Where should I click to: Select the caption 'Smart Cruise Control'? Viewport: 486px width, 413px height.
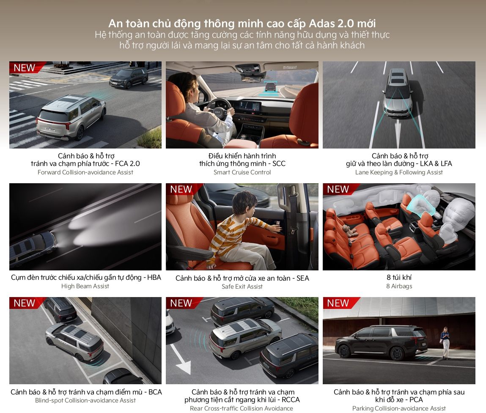(x=242, y=172)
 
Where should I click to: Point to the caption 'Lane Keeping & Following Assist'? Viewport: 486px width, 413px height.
(x=399, y=172)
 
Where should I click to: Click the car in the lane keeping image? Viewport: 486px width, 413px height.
(x=398, y=93)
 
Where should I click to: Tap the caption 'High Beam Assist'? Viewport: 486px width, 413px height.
(x=85, y=286)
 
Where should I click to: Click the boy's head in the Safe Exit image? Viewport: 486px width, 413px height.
(x=245, y=203)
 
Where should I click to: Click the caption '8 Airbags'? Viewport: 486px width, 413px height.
(x=399, y=286)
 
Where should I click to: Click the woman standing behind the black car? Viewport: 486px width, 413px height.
(x=445, y=343)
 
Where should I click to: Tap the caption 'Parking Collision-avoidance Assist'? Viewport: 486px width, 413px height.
(x=399, y=408)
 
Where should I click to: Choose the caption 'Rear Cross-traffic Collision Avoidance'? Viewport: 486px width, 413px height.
(x=242, y=408)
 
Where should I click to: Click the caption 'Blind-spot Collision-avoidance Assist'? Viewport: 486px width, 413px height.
(x=85, y=400)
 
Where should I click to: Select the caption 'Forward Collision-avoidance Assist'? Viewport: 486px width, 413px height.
(x=85, y=172)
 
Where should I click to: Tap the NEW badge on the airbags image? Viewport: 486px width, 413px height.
(x=338, y=189)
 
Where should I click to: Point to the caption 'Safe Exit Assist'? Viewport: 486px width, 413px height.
(x=242, y=287)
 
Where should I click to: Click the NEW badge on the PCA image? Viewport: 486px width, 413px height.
(x=338, y=303)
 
